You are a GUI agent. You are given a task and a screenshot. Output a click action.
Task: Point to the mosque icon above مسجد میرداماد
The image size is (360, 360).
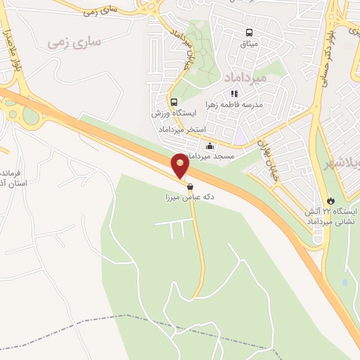(x=210, y=146)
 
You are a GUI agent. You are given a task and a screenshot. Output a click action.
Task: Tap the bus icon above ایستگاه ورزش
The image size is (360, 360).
(x=174, y=102)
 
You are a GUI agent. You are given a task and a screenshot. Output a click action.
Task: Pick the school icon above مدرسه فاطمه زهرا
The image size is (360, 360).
(x=234, y=93)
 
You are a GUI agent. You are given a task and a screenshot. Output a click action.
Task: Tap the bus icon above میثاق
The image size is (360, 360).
(x=248, y=32)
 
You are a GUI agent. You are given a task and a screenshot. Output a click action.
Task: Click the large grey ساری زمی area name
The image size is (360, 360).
(x=75, y=43)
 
